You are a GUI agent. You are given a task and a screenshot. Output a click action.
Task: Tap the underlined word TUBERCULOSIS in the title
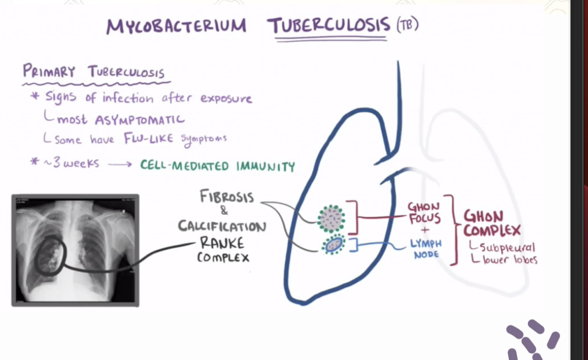328,25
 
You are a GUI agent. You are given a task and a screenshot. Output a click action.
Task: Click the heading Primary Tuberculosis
93,72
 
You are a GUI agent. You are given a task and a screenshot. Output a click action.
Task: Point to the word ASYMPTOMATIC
139,119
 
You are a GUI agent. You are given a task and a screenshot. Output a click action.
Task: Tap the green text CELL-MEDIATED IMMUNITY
217,166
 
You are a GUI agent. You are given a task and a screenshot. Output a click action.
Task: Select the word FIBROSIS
227,197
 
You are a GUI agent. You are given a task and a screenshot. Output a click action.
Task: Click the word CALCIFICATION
222,227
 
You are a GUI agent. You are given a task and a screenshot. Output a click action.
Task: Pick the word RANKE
222,243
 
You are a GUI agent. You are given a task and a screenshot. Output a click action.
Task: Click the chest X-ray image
75,250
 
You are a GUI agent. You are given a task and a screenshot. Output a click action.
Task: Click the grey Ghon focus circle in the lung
331,218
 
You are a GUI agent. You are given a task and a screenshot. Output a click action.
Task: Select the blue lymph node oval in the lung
333,244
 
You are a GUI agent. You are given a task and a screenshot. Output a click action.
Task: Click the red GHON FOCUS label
424,213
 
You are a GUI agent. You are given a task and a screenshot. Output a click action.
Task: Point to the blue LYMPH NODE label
426,248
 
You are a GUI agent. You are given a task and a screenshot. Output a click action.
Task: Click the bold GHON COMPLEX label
491,223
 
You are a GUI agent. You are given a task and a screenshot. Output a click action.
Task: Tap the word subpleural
506,247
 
